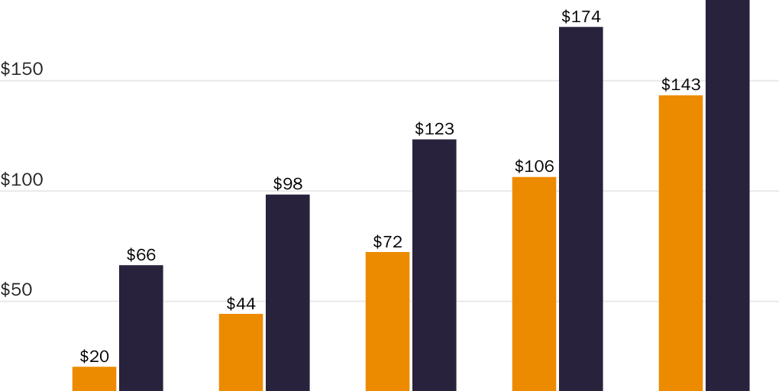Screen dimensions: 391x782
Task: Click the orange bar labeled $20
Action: pyautogui.click(x=95, y=379)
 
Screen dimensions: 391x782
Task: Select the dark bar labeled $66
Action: pyautogui.click(x=141, y=328)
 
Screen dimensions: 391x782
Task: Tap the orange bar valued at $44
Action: pyautogui.click(x=241, y=352)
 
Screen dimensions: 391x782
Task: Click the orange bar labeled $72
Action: pyautogui.click(x=387, y=322)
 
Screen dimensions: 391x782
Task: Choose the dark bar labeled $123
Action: pyautogui.click(x=435, y=265)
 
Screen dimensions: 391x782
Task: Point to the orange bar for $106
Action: pyautogui.click(x=534, y=284)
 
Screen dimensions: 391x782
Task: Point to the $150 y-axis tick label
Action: pyautogui.click(x=22, y=69)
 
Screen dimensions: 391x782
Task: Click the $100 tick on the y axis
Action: pyautogui.click(x=22, y=180)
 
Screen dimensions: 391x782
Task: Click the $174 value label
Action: pyautogui.click(x=581, y=16)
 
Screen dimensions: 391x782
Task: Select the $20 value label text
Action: pyautogui.click(x=95, y=356)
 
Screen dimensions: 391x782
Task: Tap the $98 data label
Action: pyautogui.click(x=288, y=184)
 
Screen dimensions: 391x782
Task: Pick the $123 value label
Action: pyautogui.click(x=435, y=129)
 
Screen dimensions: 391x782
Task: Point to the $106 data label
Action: pyautogui.click(x=534, y=166)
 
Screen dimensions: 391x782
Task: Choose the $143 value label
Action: pyautogui.click(x=680, y=85)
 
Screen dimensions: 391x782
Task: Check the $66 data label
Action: pyautogui.click(x=141, y=255)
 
